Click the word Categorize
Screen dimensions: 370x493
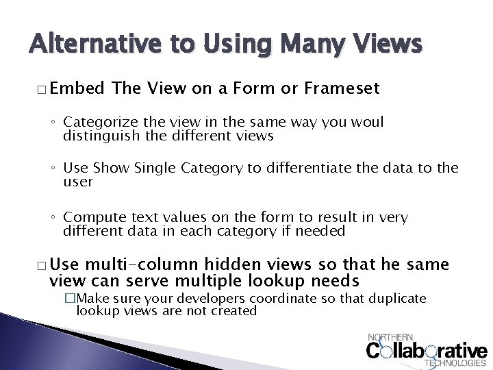[96, 123]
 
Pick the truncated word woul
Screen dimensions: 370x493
[368, 122]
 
